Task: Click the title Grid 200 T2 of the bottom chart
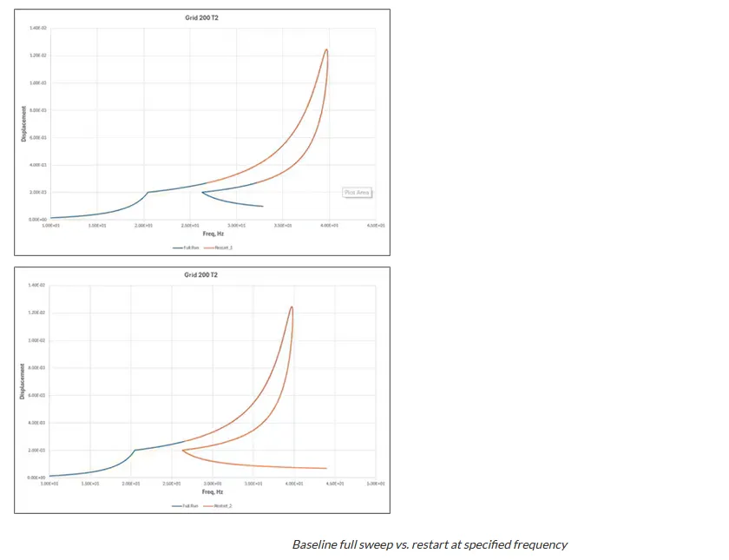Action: pyautogui.click(x=200, y=275)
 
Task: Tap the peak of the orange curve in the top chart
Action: pyautogui.click(x=326, y=49)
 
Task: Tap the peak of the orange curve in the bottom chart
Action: pyautogui.click(x=292, y=306)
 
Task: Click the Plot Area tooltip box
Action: pyautogui.click(x=358, y=192)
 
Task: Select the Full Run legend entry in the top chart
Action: pyautogui.click(x=187, y=247)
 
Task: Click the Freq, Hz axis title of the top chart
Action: pyautogui.click(x=213, y=234)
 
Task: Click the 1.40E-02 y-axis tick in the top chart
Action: pyautogui.click(x=37, y=28)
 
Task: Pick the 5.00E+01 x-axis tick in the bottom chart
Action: pyautogui.click(x=375, y=483)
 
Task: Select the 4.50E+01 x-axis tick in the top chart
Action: pyautogui.click(x=375, y=225)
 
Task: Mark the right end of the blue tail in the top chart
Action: pyautogui.click(x=263, y=207)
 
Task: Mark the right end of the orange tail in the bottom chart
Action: pyautogui.click(x=326, y=469)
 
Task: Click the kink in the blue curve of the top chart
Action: pyautogui.click(x=148, y=192)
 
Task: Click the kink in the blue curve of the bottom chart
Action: pyautogui.click(x=135, y=450)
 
